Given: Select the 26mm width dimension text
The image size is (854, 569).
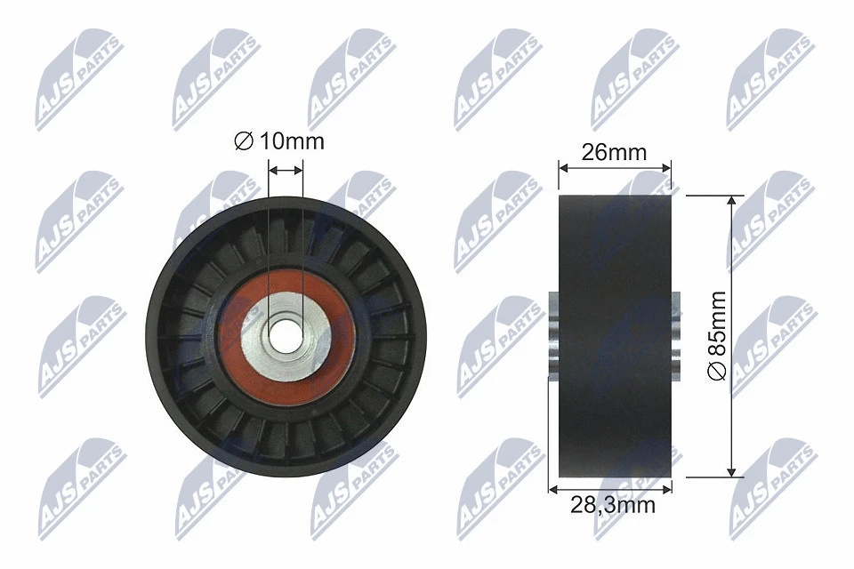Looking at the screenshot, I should (x=614, y=152).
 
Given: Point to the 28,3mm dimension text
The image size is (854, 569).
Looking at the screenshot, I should (x=612, y=505).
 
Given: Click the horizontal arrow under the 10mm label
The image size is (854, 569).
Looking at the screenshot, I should (x=286, y=168).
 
